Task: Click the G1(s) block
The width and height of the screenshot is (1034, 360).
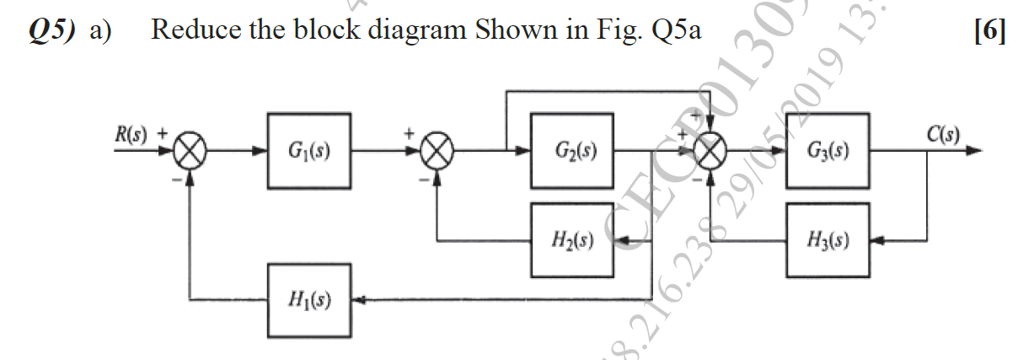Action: [x=309, y=152]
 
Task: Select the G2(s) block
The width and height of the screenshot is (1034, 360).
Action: [x=572, y=152]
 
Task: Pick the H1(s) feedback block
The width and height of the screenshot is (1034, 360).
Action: [x=309, y=299]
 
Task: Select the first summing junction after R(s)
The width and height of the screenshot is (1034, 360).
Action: [x=191, y=153]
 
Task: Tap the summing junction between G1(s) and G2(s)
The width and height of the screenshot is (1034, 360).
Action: [x=438, y=153]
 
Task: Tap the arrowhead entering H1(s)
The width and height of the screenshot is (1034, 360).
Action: [x=356, y=299]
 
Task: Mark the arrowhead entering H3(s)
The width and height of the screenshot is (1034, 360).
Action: [x=877, y=241]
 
